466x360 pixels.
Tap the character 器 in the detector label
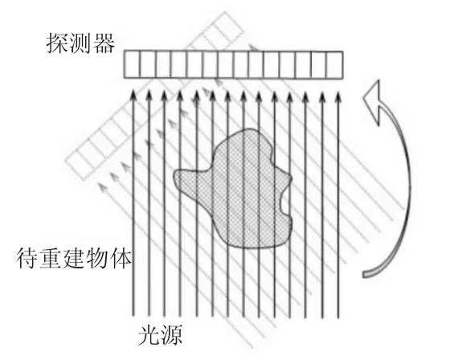click(104, 43)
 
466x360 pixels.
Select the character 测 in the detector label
click(80, 43)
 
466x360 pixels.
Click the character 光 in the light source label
click(149, 335)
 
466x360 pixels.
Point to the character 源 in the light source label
click(171, 335)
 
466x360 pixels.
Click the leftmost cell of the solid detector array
click(132, 65)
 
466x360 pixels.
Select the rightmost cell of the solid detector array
click(334, 65)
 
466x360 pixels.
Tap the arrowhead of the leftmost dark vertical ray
click(133, 95)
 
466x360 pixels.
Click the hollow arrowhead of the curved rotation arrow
click(373, 101)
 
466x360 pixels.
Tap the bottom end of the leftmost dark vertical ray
click(133, 315)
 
